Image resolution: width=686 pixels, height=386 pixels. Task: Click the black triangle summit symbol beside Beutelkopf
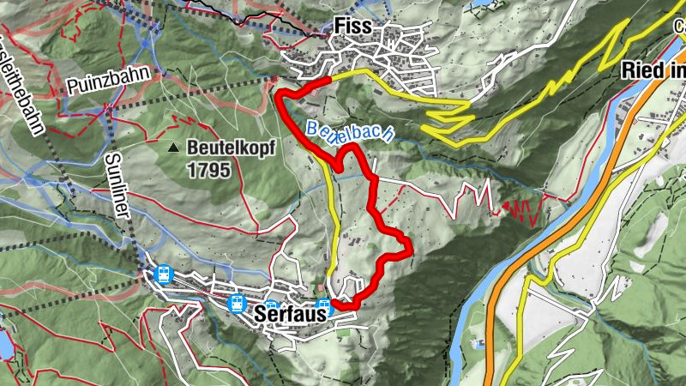coord(175,148)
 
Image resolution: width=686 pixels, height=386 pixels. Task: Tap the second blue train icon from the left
coord(236,303)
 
